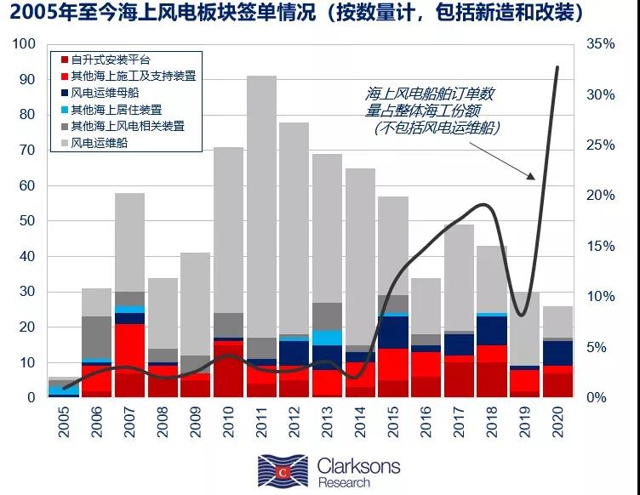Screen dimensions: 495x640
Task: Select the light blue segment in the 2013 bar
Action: [327, 337]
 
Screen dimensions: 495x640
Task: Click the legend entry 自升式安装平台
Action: [110, 60]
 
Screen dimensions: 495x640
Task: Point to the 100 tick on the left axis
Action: [26, 44]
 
